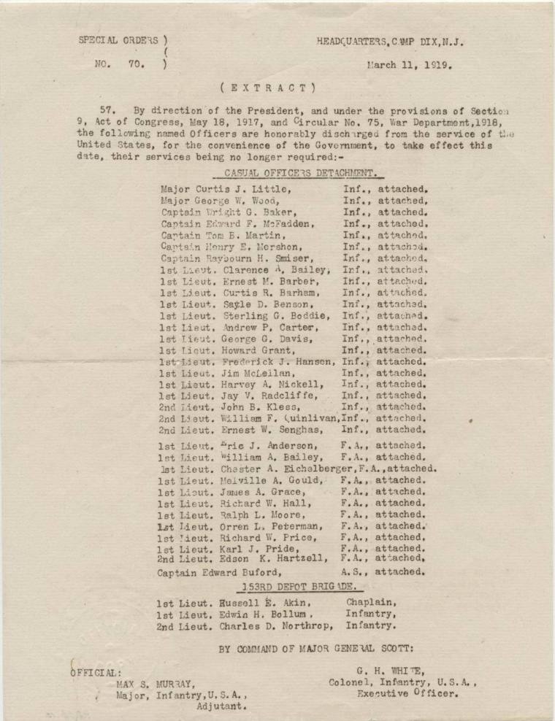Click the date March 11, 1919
(x=409, y=64)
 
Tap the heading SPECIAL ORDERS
(x=118, y=41)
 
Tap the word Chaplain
(x=372, y=604)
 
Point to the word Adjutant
(x=221, y=706)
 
